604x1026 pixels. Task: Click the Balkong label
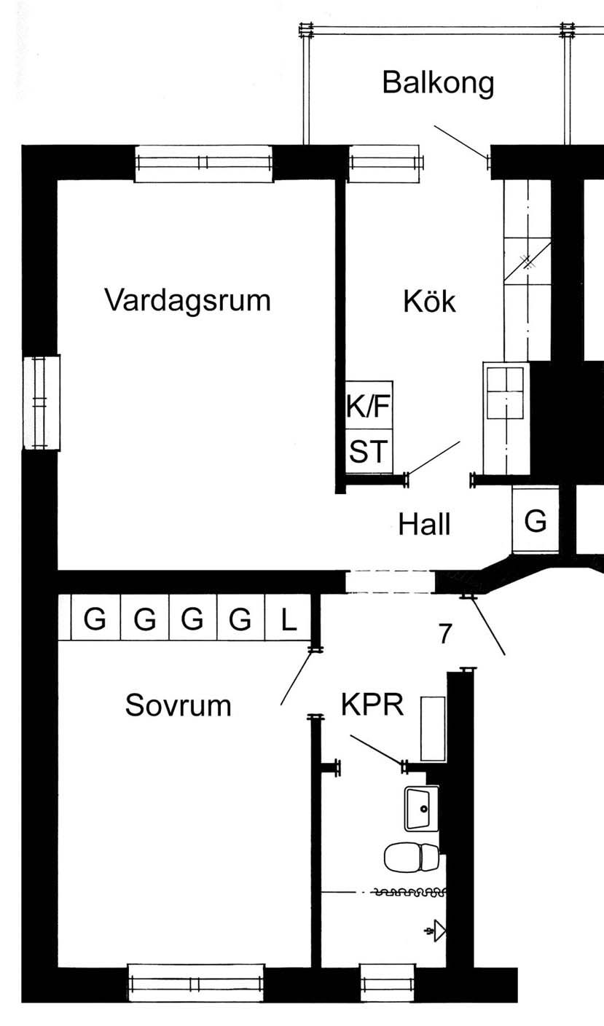[x=438, y=83]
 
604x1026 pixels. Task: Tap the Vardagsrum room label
[x=187, y=299]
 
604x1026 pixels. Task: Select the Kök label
[x=429, y=301]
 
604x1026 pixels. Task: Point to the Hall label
[x=425, y=524]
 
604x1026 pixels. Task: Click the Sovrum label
[x=178, y=705]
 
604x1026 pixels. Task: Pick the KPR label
[x=372, y=705]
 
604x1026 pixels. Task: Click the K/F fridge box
[x=369, y=407]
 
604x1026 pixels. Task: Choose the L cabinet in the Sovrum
[x=289, y=620]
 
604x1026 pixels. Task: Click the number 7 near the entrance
[x=445, y=634]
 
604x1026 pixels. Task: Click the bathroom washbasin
[x=422, y=808]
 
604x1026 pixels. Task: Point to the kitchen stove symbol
[x=505, y=393]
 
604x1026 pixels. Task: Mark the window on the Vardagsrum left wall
[x=41, y=403]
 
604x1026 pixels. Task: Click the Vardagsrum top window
[x=204, y=162]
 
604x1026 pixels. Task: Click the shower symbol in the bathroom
[x=436, y=931]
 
